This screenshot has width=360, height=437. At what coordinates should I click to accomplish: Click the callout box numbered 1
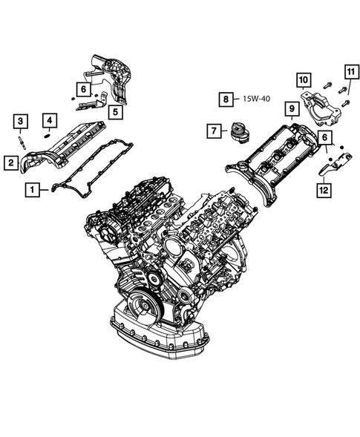(x=31, y=189)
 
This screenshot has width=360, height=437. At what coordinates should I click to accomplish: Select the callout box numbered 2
(x=12, y=161)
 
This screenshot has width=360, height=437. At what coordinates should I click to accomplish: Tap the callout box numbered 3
(x=21, y=121)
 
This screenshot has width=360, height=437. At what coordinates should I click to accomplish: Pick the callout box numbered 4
(x=48, y=119)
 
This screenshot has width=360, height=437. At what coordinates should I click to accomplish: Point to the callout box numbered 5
(x=115, y=113)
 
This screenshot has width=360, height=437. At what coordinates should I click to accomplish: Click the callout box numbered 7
(x=214, y=131)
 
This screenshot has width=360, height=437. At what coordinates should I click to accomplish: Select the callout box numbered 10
(x=303, y=79)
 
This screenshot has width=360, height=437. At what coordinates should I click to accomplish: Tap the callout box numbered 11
(x=349, y=72)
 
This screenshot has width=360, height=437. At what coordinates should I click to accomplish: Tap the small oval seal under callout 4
(x=48, y=135)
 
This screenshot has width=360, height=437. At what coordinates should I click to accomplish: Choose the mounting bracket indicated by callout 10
(x=324, y=104)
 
